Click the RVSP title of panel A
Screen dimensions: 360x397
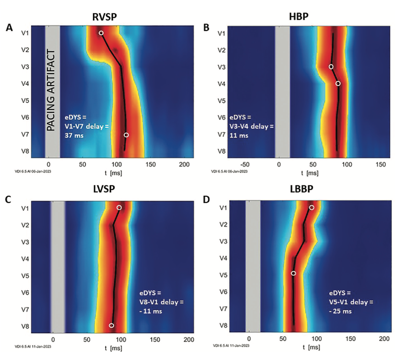coord(104,17)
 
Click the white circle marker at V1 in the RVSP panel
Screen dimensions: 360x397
coord(101,33)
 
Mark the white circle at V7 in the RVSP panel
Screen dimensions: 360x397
coord(126,135)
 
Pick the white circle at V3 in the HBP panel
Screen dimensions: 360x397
coord(331,67)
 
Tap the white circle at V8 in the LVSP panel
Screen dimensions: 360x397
coord(111,325)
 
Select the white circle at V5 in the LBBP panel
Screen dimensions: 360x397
coord(293,273)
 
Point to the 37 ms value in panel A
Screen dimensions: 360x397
coord(74,135)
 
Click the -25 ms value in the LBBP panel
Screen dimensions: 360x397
coord(340,311)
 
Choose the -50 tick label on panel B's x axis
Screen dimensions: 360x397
coord(245,165)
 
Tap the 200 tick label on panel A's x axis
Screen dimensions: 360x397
coord(184,165)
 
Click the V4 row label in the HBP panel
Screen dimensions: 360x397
coord(221,84)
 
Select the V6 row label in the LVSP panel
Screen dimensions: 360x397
coord(25,292)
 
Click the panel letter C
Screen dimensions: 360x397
coord(8,199)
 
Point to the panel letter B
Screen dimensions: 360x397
coord(206,27)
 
